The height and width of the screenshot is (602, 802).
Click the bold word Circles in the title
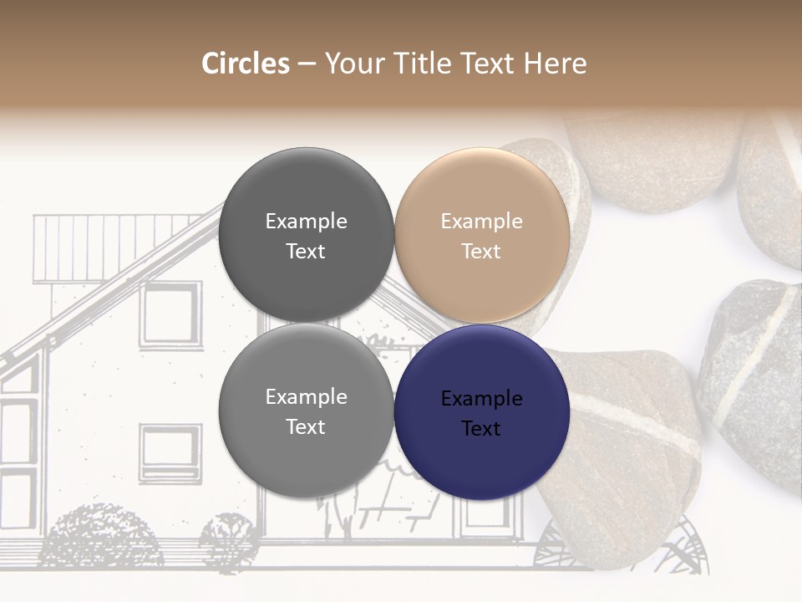click(245, 64)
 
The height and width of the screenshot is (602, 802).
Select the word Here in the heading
click(557, 64)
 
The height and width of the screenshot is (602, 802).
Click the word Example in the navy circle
click(482, 399)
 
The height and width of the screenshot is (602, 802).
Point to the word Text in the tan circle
click(481, 252)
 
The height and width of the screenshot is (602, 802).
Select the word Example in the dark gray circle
click(306, 222)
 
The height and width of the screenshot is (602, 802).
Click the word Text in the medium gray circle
click(306, 427)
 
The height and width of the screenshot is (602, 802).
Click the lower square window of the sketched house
click(170, 452)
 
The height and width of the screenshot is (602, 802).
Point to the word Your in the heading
click(355, 64)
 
